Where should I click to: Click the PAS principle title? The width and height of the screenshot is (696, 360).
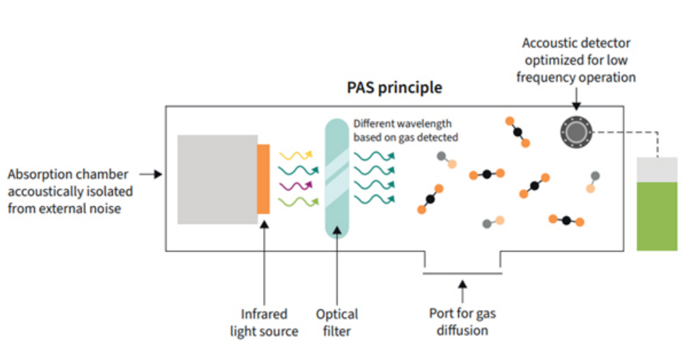tap(394, 88)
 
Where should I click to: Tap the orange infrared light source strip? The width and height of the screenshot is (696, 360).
tap(264, 179)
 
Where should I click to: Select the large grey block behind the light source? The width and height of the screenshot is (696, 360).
tap(217, 179)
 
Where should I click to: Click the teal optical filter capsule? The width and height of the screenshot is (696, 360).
tap(337, 179)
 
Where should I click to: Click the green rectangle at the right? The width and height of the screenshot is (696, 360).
tap(657, 216)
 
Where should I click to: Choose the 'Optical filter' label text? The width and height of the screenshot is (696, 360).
tap(337, 322)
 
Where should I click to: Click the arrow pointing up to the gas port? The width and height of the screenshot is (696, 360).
tap(462, 290)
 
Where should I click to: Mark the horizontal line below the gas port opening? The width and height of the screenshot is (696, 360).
tap(462, 274)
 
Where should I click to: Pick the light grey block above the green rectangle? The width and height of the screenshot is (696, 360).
tap(657, 169)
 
